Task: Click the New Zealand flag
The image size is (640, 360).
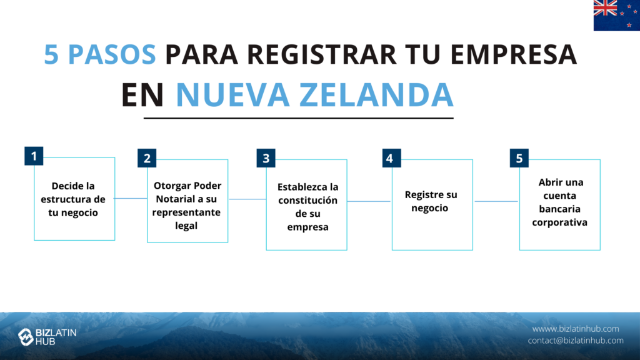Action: [617, 16]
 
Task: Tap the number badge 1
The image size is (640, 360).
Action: [34, 156]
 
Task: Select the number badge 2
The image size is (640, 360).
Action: [147, 158]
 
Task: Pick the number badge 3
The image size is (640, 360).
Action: [266, 158]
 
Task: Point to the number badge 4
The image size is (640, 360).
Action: [391, 158]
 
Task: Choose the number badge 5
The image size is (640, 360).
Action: [519, 158]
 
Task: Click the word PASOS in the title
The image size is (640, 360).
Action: [112, 54]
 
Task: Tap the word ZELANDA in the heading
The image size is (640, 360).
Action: [377, 95]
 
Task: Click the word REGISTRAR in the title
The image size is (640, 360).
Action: [322, 54]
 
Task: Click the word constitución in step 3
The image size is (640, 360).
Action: [307, 201]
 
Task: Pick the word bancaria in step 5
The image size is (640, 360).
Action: [559, 209]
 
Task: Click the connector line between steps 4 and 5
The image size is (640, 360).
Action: [496, 201]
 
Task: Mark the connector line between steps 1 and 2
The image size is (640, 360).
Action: [131, 198]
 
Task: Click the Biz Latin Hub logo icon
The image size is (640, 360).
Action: [26, 337]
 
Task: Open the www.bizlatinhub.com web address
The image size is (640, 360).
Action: [576, 329]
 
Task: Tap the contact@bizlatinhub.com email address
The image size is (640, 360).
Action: [576, 341]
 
